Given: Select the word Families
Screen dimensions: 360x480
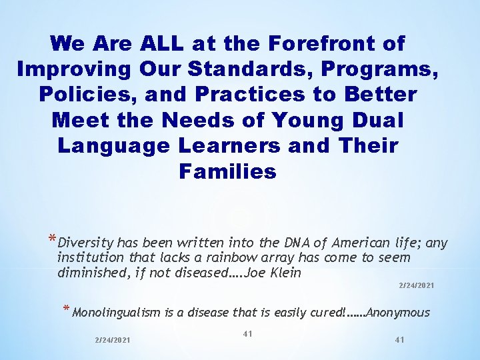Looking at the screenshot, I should point(227,172).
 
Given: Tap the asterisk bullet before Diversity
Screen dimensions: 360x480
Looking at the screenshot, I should point(51,241).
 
